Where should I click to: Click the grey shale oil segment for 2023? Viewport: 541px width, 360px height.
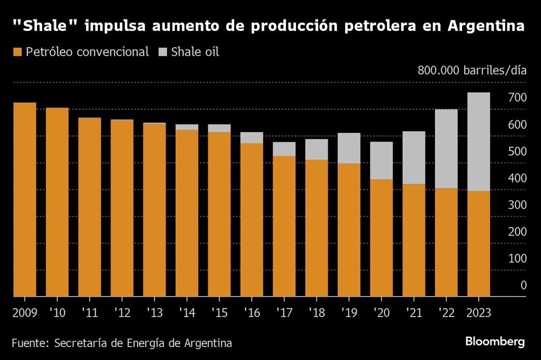click(479, 142)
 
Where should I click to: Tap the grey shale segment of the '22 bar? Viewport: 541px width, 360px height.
click(446, 149)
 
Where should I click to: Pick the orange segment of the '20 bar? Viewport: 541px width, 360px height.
click(381, 238)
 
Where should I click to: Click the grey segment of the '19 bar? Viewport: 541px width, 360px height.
click(349, 148)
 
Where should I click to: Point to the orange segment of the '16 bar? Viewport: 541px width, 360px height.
click(252, 219)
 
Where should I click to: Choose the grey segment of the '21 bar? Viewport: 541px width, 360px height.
click(414, 158)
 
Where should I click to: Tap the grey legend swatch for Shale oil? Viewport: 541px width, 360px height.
click(162, 53)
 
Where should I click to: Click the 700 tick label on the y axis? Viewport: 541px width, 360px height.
click(516, 98)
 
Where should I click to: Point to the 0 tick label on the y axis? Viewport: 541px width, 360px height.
click(523, 285)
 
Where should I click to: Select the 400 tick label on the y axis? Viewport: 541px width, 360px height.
click(516, 178)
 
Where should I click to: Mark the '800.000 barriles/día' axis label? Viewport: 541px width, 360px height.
click(471, 70)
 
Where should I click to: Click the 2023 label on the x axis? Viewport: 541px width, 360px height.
click(479, 313)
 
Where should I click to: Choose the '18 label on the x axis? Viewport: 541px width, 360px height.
click(316, 313)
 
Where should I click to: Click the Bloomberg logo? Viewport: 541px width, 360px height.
click(495, 342)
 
